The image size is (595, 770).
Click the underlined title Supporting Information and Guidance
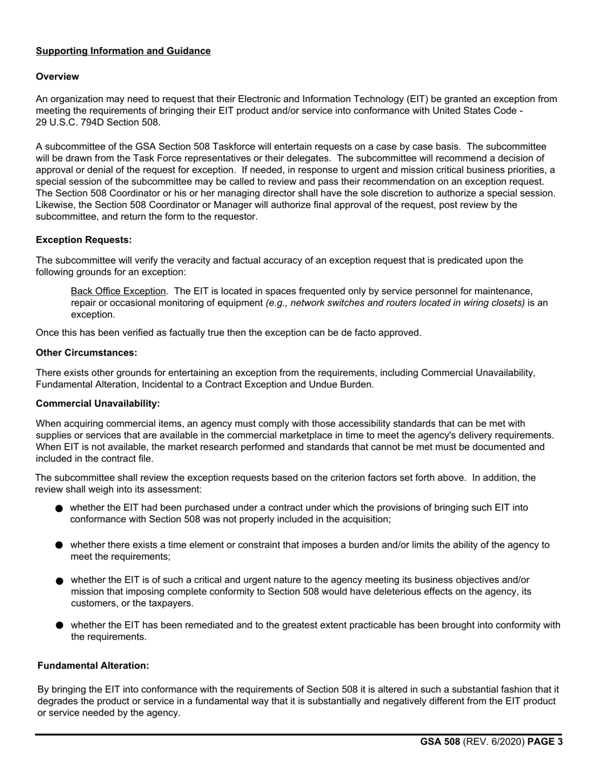[x=123, y=51]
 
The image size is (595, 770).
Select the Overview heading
[x=58, y=76]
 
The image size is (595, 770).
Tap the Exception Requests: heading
[x=84, y=240]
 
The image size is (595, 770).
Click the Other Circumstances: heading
[x=86, y=352]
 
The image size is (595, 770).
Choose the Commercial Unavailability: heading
[x=98, y=404]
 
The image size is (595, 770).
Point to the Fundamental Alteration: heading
[x=93, y=665]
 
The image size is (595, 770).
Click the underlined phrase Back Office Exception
[x=118, y=291]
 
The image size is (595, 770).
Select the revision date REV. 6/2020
[x=494, y=742]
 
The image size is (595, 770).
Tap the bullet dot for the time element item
[x=59, y=545]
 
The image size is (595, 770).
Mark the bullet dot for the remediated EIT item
[x=59, y=625]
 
